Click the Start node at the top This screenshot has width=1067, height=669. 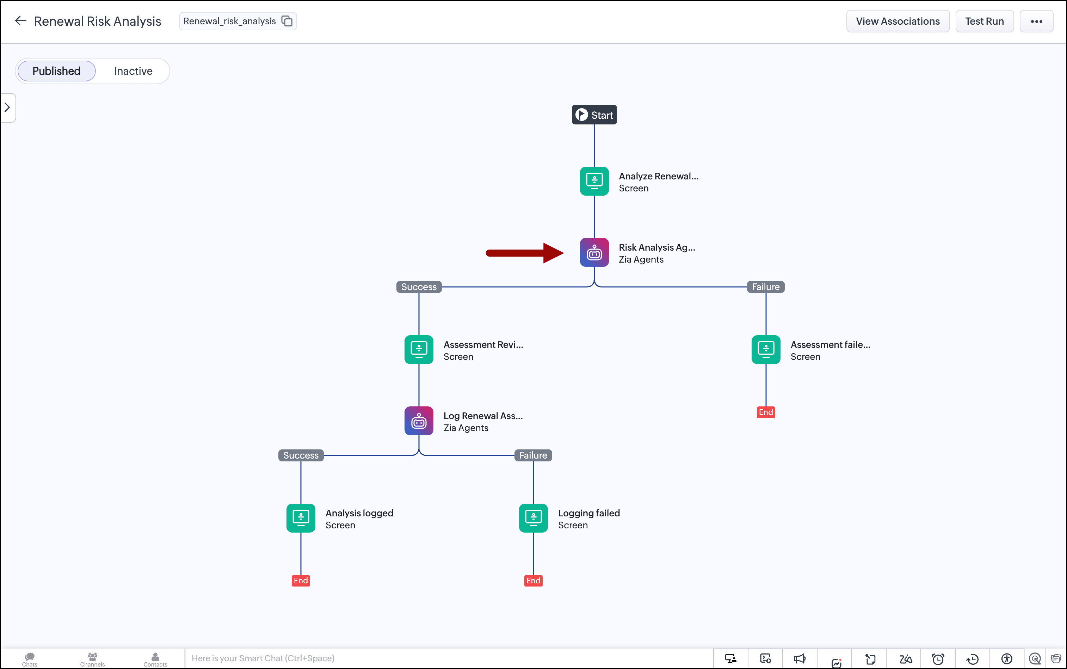tap(594, 115)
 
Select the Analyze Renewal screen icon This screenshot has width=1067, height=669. tap(594, 181)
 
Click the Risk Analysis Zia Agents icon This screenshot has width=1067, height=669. tap(594, 252)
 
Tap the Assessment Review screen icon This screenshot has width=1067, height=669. tap(419, 350)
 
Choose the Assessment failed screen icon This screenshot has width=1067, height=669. tap(766, 350)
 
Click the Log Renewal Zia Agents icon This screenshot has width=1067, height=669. tap(419, 421)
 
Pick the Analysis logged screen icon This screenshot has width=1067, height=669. tap(301, 518)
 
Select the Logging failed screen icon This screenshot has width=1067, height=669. tap(533, 518)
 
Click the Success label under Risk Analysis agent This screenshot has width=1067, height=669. tap(419, 287)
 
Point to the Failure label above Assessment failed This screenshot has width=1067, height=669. tap(766, 287)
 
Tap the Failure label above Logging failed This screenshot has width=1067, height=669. tap(533, 455)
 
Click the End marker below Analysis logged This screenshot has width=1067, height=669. tap(301, 581)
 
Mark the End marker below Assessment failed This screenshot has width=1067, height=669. tap(766, 412)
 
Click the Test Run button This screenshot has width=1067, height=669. tap(984, 21)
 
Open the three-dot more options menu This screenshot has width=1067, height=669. tap(1036, 21)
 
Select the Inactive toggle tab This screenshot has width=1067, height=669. tap(133, 71)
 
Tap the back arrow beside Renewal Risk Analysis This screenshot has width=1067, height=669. tap(21, 21)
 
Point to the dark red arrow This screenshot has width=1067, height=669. tap(525, 253)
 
